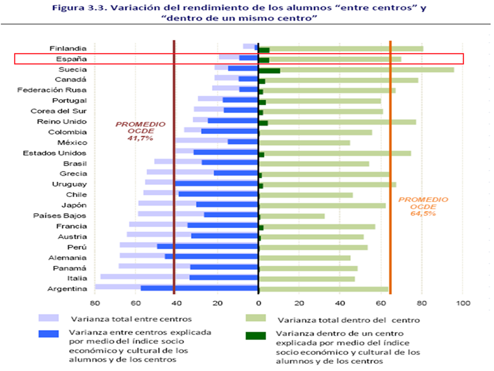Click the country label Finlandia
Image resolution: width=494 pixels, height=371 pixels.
tap(68, 48)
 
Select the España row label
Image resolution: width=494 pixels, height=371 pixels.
tap(72, 59)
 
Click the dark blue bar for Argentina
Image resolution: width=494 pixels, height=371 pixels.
tap(199, 289)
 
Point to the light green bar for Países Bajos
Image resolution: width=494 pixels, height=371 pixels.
tap(292, 216)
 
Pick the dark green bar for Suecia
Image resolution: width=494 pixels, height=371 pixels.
tap(269, 70)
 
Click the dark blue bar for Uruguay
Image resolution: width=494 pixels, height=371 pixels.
tap(217, 183)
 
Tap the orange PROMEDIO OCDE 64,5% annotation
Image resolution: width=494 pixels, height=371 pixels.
tap(418, 206)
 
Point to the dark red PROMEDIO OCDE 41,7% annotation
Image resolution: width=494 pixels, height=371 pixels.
tap(140, 131)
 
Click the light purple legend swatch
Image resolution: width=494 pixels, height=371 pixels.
tap(49, 318)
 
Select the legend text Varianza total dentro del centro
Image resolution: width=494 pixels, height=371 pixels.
tap(349, 320)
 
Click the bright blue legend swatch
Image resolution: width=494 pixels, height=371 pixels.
tap(49, 334)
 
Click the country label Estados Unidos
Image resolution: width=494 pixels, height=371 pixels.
tap(55, 153)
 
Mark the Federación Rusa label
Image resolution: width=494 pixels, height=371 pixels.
tap(52, 90)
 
